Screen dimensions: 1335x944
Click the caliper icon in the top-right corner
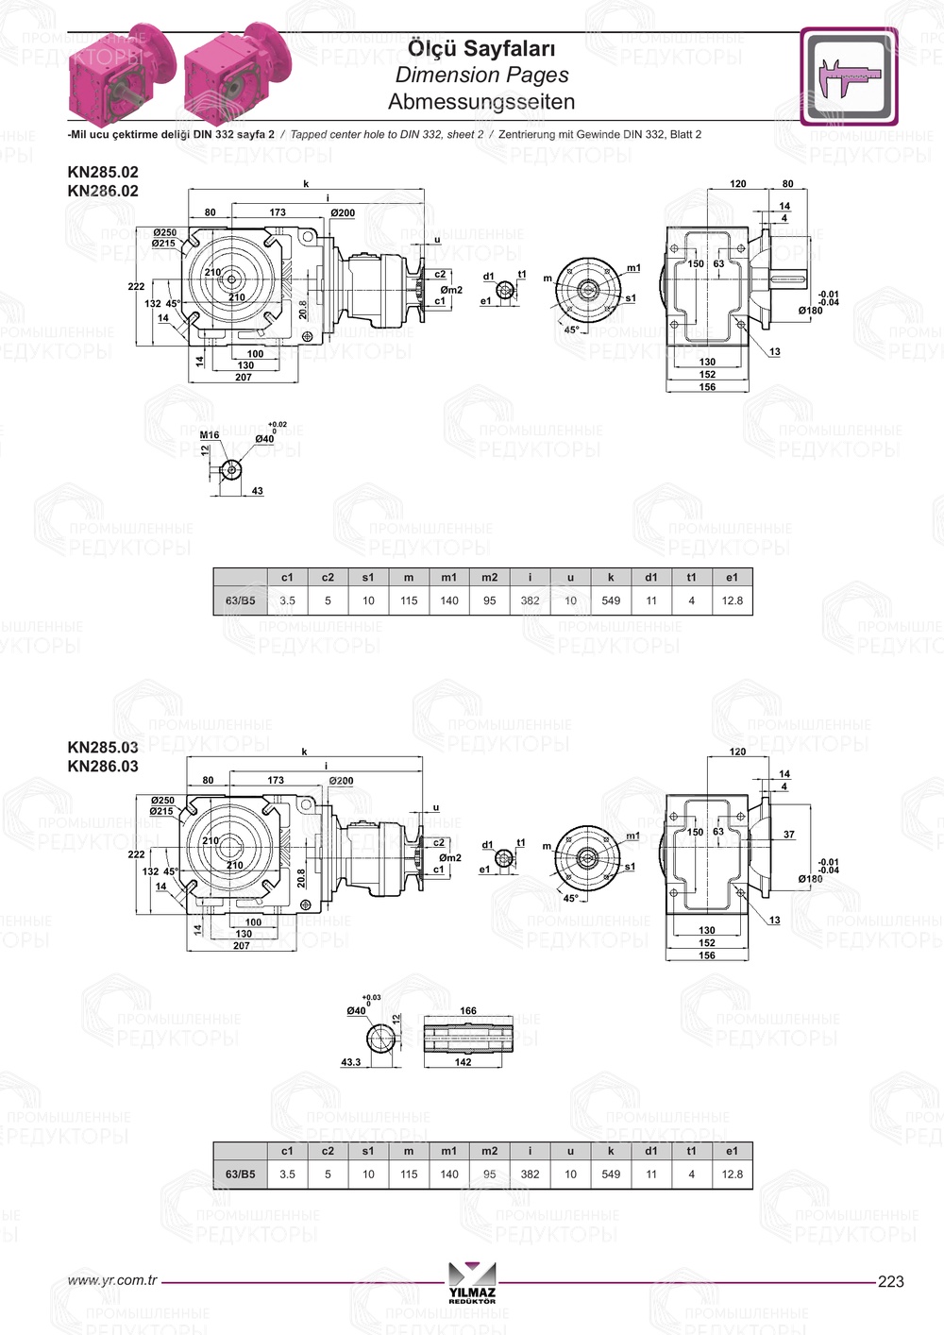[849, 76]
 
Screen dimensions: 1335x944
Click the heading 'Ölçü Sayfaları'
[481, 48]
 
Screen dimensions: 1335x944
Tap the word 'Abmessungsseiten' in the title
[481, 101]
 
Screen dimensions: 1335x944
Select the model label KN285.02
[103, 172]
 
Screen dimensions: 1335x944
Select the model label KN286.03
[103, 766]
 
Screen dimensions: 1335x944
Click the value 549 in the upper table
[611, 600]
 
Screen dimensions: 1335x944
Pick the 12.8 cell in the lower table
[732, 1174]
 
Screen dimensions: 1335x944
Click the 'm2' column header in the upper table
[489, 577]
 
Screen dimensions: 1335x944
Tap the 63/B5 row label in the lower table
[240, 1174]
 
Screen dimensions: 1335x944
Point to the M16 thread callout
[210, 435]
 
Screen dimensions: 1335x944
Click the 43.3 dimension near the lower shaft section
[350, 1062]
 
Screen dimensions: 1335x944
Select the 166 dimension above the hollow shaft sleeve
[468, 1010]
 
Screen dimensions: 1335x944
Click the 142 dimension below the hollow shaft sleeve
[463, 1062]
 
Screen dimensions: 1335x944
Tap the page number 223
[890, 1281]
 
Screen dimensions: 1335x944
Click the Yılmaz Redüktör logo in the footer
[472, 1282]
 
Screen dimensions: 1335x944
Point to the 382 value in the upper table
[530, 600]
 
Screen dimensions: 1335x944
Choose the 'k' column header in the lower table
[611, 1151]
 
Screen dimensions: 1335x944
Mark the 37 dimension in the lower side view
[789, 835]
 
